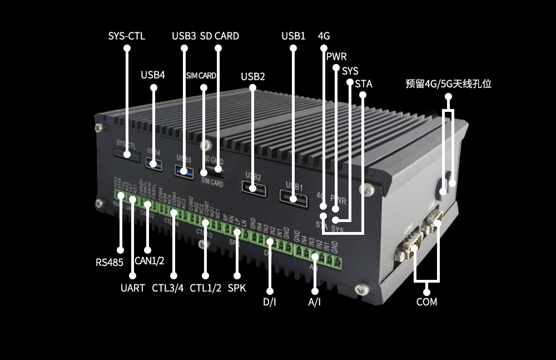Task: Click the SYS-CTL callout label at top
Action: tap(126, 36)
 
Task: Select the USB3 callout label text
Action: tap(183, 36)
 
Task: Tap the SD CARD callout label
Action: tap(219, 36)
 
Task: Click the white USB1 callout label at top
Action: tap(293, 36)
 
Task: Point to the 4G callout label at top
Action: tap(324, 36)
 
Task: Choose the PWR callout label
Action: tap(336, 57)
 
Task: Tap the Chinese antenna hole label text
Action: tap(448, 84)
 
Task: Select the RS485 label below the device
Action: tap(109, 262)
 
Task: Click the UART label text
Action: tap(132, 288)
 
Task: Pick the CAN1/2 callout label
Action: tap(150, 261)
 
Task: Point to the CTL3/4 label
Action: tap(167, 288)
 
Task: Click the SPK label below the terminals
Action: tap(237, 288)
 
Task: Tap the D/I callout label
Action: tap(269, 302)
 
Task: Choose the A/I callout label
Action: tap(314, 302)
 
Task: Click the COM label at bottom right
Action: tap(426, 302)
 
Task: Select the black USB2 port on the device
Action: tap(252, 188)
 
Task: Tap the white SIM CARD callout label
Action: tap(201, 76)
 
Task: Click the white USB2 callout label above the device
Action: tap(252, 76)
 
